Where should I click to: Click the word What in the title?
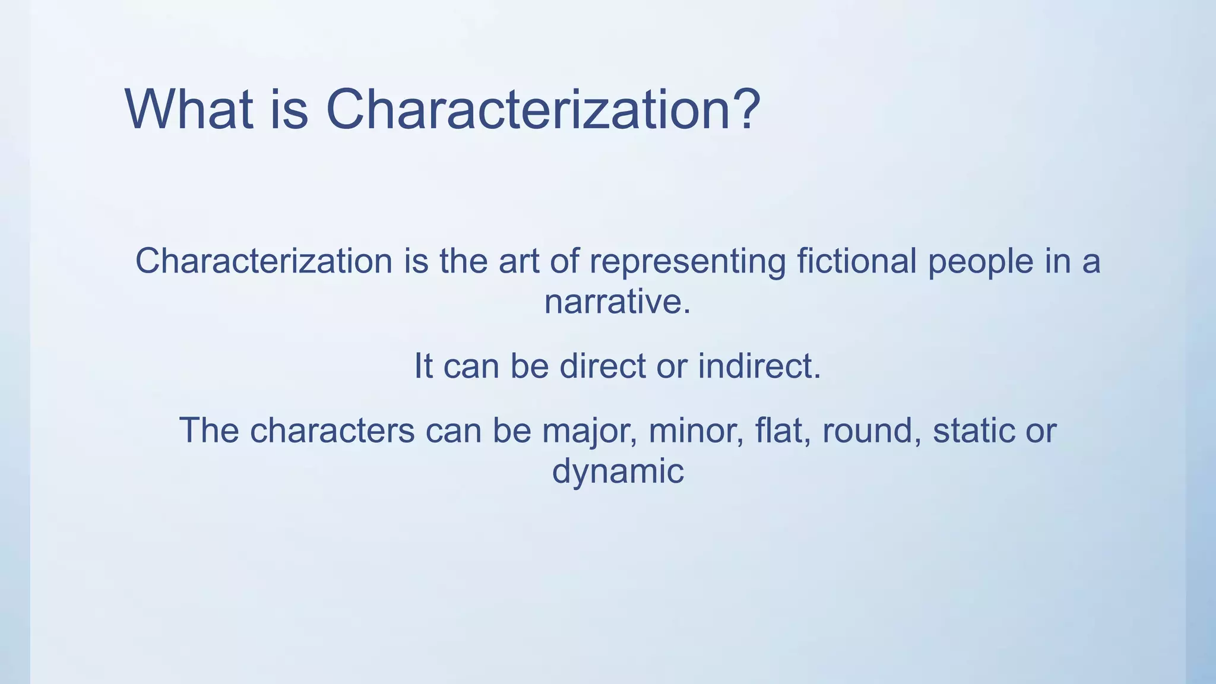(189, 110)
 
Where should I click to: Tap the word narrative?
(617, 302)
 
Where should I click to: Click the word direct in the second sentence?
(602, 366)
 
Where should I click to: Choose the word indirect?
(759, 366)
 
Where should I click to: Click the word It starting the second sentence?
(423, 366)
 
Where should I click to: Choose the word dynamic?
(617, 472)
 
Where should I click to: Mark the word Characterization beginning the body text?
(264, 261)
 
